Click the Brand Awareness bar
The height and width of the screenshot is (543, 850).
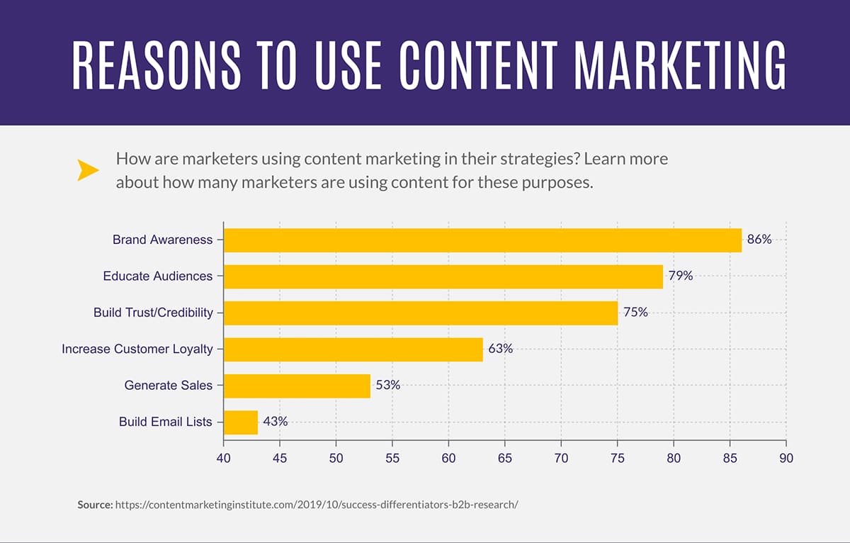[482, 240]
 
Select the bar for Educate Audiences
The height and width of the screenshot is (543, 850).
[443, 276]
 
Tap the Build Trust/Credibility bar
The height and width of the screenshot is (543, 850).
[421, 313]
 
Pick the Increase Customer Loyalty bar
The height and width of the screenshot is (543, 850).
[353, 349]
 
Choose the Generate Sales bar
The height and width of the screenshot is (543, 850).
[297, 386]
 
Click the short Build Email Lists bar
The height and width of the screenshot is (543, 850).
[241, 422]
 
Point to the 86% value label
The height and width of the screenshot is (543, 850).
[759, 240]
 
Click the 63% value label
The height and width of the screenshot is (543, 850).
[500, 349]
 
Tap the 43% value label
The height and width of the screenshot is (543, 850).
[275, 422]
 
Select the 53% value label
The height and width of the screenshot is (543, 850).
[387, 386]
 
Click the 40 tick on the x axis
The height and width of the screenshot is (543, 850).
[224, 459]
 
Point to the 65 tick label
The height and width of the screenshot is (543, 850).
[504, 459]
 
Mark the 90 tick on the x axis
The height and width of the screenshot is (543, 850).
[786, 459]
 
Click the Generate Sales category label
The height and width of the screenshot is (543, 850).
[168, 386]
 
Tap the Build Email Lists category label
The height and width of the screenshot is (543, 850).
[165, 422]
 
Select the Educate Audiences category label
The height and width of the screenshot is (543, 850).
[157, 276]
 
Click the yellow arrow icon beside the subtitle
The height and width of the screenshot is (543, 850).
[88, 170]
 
